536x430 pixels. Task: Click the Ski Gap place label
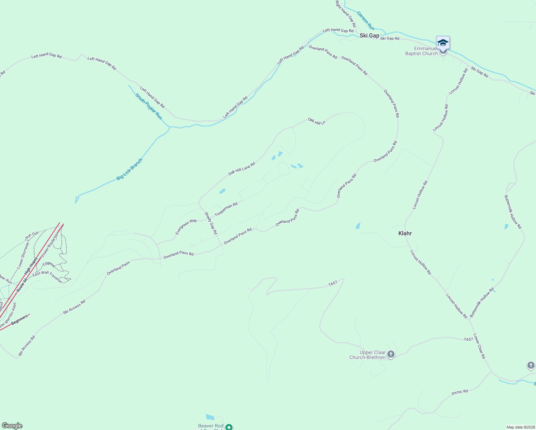pyautogui.click(x=369, y=35)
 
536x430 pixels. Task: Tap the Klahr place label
pyautogui.click(x=405, y=233)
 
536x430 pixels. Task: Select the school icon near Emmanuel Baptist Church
pyautogui.click(x=443, y=43)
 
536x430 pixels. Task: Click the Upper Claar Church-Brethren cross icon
pyautogui.click(x=391, y=355)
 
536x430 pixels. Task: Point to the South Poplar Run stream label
pyautogui.click(x=149, y=106)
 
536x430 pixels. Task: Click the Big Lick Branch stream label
pyautogui.click(x=130, y=169)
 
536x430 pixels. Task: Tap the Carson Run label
pyautogui.click(x=365, y=21)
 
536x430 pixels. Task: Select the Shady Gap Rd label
pyautogui.click(x=211, y=223)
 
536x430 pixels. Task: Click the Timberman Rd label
pyautogui.click(x=226, y=210)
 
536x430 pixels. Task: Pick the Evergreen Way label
pyautogui.click(x=186, y=227)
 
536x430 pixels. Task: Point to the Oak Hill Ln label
pyautogui.click(x=317, y=121)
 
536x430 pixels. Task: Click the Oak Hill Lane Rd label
pyautogui.click(x=241, y=169)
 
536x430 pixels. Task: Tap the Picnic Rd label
pyautogui.click(x=460, y=392)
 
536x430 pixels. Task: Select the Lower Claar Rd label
pyautogui.click(x=479, y=346)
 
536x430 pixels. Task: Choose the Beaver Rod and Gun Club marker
pyautogui.click(x=229, y=427)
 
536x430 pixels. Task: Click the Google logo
pyautogui.click(x=12, y=426)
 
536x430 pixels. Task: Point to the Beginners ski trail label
pyautogui.click(x=19, y=320)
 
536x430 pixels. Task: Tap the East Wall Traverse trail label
pyautogui.click(x=47, y=277)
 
